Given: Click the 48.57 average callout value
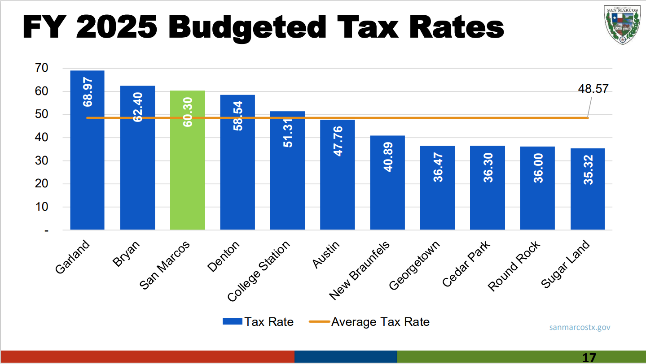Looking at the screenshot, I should click(593, 89).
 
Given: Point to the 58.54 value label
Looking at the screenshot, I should click(238, 116).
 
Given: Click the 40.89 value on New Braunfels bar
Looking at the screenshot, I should click(388, 156).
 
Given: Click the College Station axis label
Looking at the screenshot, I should click(259, 270).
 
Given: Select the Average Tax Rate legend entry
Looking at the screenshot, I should click(369, 322).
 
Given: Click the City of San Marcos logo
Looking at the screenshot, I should click(621, 26).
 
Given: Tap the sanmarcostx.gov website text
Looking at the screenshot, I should click(580, 327).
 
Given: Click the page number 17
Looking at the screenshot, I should click(589, 358).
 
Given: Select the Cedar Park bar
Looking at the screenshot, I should click(488, 188).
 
